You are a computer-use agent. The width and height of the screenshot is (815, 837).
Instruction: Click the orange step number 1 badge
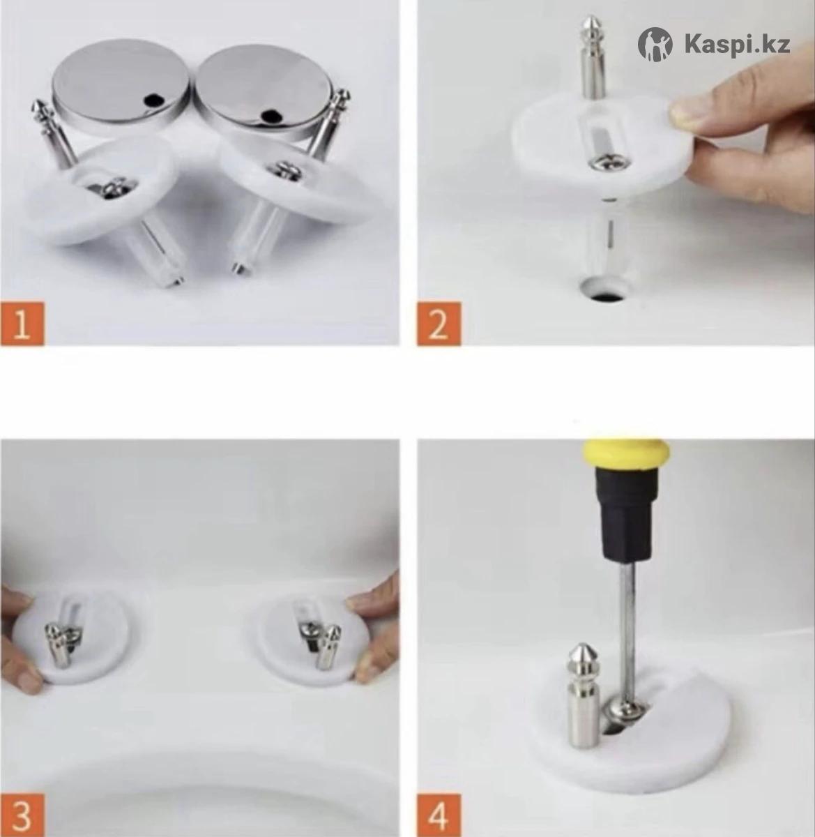pyautogui.click(x=22, y=324)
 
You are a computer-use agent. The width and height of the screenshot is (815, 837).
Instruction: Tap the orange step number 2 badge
pyautogui.click(x=439, y=324)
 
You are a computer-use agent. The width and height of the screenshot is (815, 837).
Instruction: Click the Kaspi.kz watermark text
pyautogui.click(x=738, y=45)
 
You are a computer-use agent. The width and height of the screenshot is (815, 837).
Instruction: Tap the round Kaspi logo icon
pyautogui.click(x=655, y=45)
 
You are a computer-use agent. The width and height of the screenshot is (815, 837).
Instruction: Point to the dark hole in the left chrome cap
pyautogui.click(x=154, y=100)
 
